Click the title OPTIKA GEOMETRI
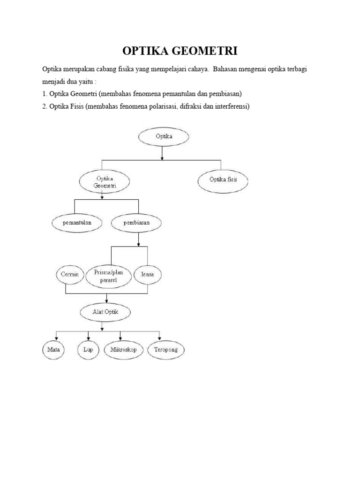180,51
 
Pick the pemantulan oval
77,223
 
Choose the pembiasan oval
137,223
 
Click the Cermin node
69,274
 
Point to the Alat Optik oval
105,311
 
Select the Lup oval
88,350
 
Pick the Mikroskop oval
123,350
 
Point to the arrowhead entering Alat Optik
107,301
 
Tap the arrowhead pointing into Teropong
160,340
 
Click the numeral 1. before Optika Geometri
45,94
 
